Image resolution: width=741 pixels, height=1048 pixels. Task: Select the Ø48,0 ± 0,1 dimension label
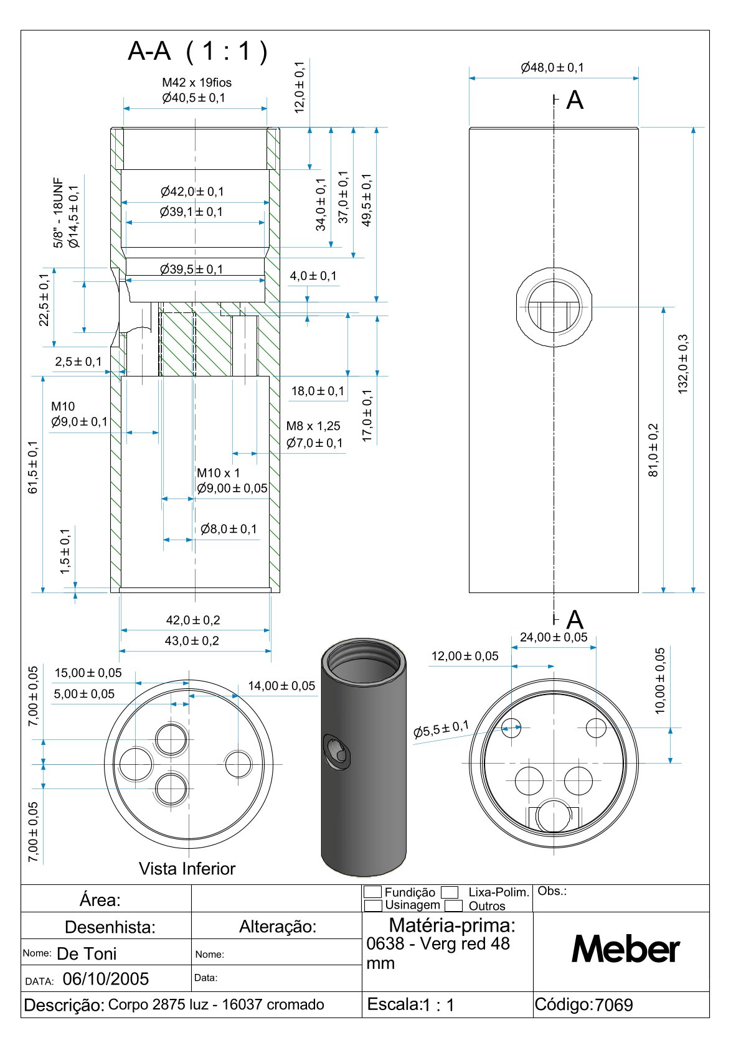[552, 67]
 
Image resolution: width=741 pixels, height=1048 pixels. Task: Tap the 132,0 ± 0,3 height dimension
[683, 364]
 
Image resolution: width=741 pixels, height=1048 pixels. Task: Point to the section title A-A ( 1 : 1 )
[197, 51]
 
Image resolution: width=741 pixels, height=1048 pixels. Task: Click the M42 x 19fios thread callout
[197, 82]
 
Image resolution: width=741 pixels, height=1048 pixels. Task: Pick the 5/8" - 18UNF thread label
[59, 213]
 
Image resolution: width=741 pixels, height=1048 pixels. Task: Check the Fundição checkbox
[372, 892]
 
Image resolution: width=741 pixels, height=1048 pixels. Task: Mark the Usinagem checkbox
[372, 905]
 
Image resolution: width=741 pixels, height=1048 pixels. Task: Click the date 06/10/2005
[106, 979]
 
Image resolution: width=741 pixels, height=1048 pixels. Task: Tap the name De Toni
[87, 953]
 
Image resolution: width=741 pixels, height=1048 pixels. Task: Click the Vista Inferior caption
[187, 869]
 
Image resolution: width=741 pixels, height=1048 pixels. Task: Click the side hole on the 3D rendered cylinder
[337, 751]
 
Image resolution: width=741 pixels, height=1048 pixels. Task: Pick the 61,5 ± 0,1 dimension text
[33, 467]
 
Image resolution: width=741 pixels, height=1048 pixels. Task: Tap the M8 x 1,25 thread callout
[313, 426]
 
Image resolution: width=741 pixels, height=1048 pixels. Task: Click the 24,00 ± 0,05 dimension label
[554, 637]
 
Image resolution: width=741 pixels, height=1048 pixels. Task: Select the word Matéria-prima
[452, 924]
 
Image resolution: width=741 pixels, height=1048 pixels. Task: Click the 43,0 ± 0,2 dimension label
[192, 640]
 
